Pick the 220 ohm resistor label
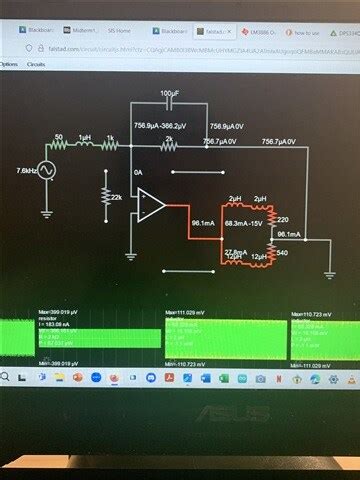(282, 219)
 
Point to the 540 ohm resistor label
(282, 253)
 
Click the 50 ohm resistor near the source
(59, 144)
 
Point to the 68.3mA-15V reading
(244, 223)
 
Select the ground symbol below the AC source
(47, 211)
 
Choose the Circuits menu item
(36, 63)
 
